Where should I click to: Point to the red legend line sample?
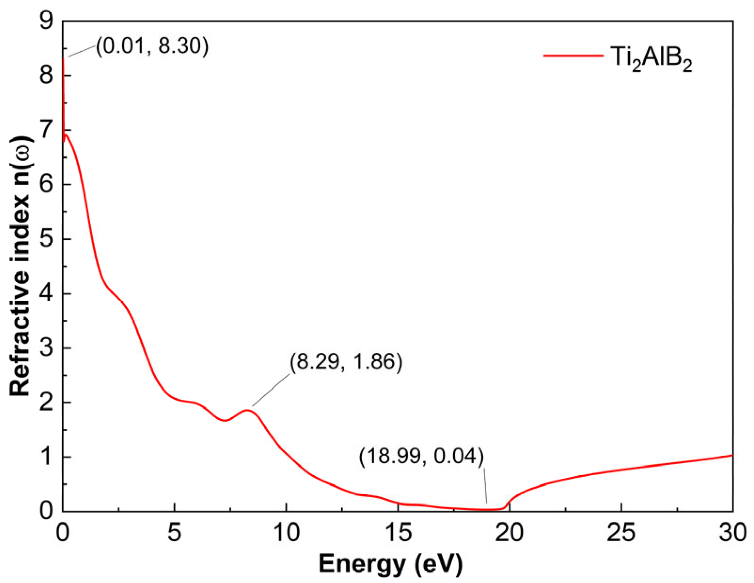[x=573, y=56]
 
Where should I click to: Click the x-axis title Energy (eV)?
[x=390, y=563]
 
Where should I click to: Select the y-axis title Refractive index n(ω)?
[x=22, y=266]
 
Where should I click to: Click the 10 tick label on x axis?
[x=286, y=533]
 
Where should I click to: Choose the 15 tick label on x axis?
[x=398, y=533]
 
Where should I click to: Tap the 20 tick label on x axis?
[x=510, y=533]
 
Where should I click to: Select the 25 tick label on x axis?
[x=621, y=533]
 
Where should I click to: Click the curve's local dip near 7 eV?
[x=225, y=420]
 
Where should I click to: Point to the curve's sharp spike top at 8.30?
[x=63, y=59]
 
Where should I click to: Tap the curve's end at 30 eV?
[x=732, y=455]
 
